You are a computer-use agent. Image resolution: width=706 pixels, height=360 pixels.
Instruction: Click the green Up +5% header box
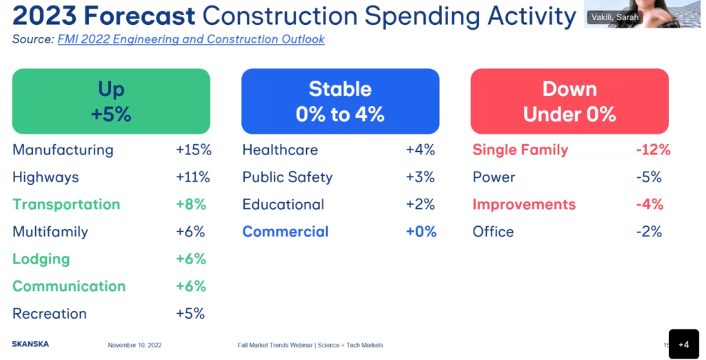[x=111, y=101]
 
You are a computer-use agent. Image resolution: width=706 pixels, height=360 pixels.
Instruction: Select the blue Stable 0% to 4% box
[x=340, y=101]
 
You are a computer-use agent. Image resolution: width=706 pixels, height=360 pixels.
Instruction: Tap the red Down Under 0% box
[x=569, y=101]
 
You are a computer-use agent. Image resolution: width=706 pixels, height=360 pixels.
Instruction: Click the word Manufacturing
[x=63, y=150]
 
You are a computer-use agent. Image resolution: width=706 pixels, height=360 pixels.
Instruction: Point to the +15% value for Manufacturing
[x=194, y=150]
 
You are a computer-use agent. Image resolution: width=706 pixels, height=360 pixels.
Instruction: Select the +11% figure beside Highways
[x=193, y=177]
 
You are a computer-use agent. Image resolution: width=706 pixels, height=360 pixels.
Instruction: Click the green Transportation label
[x=66, y=204]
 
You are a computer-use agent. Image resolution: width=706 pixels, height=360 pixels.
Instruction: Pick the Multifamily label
[x=50, y=232]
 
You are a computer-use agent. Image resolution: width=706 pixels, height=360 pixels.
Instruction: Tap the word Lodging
[x=41, y=259]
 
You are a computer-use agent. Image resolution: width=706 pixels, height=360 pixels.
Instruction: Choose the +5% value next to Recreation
[x=190, y=314]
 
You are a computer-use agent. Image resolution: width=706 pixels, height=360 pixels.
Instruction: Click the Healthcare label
[x=280, y=150]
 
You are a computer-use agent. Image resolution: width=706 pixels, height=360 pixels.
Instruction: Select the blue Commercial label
[x=285, y=232]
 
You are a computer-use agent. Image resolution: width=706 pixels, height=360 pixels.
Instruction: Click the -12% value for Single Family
[x=653, y=150]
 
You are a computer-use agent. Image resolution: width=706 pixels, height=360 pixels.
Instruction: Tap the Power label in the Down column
[x=494, y=177]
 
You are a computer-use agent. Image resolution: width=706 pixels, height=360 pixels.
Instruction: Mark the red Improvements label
[x=524, y=204]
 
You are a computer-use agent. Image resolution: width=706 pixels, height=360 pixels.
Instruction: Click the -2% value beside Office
[x=649, y=232]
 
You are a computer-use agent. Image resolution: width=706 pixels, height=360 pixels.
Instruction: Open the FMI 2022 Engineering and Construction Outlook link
[x=191, y=39]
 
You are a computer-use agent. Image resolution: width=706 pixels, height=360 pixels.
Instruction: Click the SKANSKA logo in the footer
[x=30, y=344]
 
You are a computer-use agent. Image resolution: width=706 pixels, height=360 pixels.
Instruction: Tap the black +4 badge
[x=683, y=344]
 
